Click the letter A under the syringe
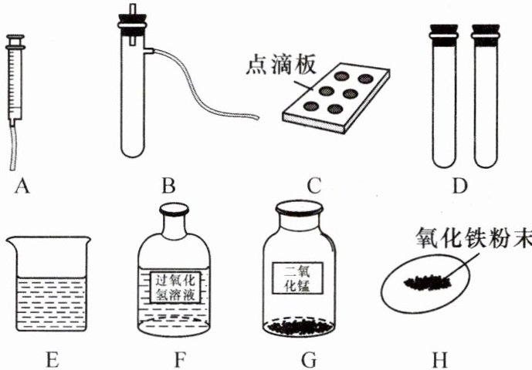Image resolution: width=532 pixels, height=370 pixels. click(x=21, y=185)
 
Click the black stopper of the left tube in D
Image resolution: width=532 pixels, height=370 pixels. click(x=444, y=34)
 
